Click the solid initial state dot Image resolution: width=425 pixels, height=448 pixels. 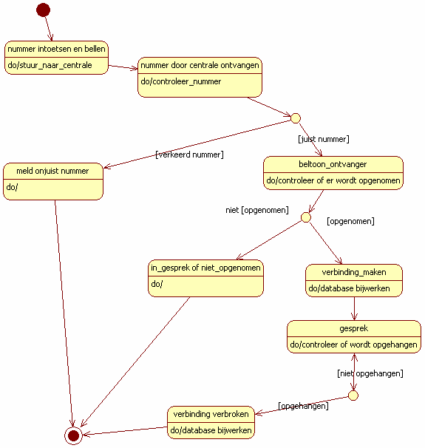(43, 10)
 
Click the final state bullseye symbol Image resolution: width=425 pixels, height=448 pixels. (73, 435)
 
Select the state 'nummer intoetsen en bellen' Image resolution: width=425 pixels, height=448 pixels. (57, 58)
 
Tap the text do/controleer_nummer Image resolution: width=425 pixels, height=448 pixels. (181, 82)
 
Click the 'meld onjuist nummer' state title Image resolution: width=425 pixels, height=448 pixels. (52, 171)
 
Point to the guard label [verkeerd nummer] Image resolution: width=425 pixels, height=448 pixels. (189, 155)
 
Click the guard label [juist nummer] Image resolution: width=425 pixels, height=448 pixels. (324, 139)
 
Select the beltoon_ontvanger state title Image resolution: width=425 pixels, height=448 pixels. (333, 164)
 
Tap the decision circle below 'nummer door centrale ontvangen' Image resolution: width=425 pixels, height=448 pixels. (296, 118)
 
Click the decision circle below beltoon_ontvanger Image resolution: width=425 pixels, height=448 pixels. (306, 217)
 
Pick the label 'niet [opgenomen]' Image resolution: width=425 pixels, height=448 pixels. (257, 210)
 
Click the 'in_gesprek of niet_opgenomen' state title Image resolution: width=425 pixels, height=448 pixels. (205, 268)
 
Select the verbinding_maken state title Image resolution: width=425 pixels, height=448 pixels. (354, 272)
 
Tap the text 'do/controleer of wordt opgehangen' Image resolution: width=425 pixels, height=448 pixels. (353, 345)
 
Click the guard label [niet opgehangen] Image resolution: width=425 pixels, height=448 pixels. (370, 373)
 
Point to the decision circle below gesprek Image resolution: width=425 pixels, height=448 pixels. (353, 396)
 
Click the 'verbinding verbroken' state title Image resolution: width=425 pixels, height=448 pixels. (211, 414)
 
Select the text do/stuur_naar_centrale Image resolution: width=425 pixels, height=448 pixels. (50, 65)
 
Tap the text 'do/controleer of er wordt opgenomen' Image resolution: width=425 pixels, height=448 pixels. (333, 180)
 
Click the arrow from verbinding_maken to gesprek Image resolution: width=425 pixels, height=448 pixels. (355, 308)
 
